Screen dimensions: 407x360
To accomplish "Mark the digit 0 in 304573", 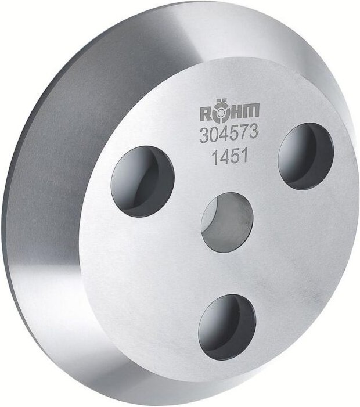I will (x=214, y=136).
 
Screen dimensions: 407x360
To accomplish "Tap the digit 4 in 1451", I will (x=225, y=159).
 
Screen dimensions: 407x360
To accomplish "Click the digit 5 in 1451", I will (x=235, y=158).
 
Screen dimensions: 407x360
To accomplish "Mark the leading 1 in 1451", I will (x=214, y=159).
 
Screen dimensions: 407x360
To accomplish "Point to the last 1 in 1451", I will (x=246, y=157).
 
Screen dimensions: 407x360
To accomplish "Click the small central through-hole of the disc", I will (x=226, y=221).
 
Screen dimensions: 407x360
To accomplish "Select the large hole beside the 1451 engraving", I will (x=305, y=156).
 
